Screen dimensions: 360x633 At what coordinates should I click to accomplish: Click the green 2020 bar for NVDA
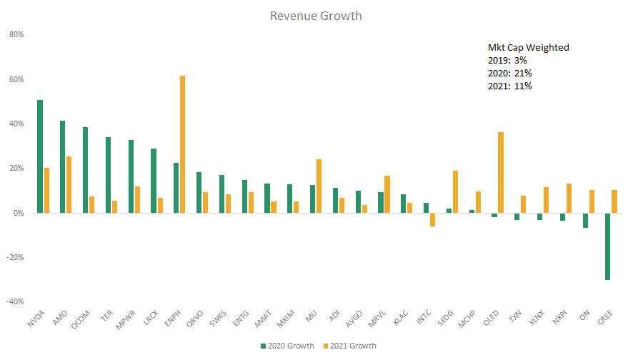click(40, 156)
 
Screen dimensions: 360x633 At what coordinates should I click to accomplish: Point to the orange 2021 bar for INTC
click(432, 219)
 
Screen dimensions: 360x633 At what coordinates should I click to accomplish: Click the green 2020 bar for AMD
click(63, 166)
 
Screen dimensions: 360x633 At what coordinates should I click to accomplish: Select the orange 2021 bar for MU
click(319, 186)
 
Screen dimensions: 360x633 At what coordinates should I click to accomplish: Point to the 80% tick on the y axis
click(16, 34)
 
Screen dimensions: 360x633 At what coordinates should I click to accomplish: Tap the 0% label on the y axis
click(19, 213)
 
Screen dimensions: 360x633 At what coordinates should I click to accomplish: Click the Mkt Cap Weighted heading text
click(523, 48)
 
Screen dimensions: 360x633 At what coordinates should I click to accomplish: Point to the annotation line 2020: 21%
click(504, 73)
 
